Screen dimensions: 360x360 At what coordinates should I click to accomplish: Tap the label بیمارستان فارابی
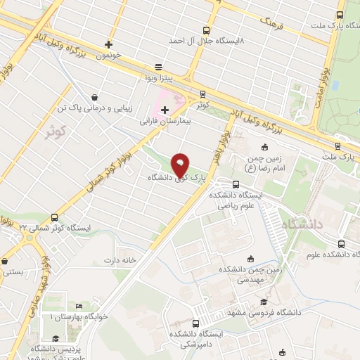(x=166, y=121)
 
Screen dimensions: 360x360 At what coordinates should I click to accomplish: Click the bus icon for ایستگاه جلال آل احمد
(x=206, y=30)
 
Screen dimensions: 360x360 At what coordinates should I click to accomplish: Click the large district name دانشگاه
(x=302, y=225)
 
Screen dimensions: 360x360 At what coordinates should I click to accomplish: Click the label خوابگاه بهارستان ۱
(x=77, y=317)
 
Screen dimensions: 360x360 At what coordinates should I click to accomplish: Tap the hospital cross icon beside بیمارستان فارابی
(x=165, y=110)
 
